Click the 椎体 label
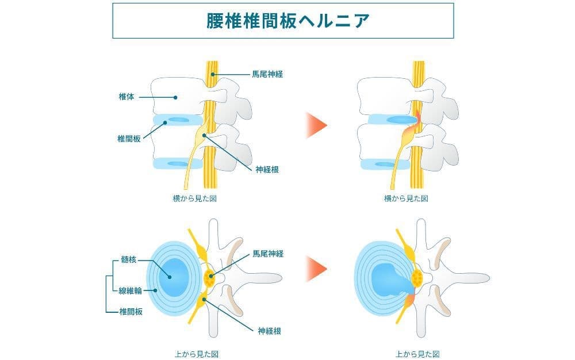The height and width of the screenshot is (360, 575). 126,97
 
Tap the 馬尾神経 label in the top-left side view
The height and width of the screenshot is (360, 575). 268,74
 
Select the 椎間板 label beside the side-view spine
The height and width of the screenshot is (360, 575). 129,138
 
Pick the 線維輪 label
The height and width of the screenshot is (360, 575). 130,291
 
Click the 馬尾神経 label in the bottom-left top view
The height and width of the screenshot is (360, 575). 268,253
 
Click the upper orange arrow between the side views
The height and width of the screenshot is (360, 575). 316,125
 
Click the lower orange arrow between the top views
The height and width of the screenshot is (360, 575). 316,269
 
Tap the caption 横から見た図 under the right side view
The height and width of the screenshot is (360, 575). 406,198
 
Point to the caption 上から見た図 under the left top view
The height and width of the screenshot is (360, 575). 197,354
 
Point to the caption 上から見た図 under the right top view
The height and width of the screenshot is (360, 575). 418,354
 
